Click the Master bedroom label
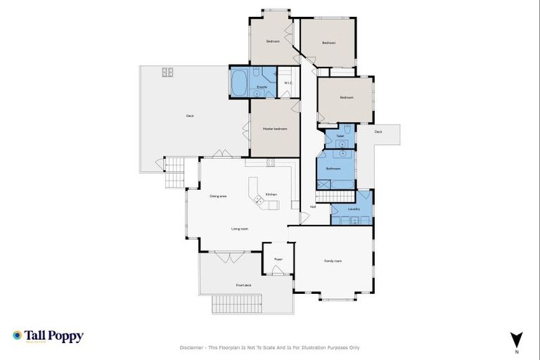[x=275, y=129]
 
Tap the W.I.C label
[x=288, y=84]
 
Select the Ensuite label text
[x=261, y=87]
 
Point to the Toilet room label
[x=340, y=136]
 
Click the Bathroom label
[x=333, y=169]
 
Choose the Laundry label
[x=354, y=209]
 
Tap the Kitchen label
[x=271, y=194]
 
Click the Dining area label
[x=218, y=196]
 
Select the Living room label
[x=240, y=229]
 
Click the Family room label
[x=333, y=261]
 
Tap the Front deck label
[x=243, y=285]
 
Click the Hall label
[x=312, y=207]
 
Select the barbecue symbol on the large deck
[x=168, y=72]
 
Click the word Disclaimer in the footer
[x=193, y=347]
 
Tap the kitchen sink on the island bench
[x=259, y=201]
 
